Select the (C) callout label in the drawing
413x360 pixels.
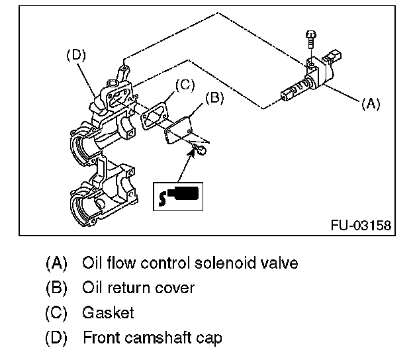pos(185,83)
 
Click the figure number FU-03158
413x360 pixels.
pos(361,226)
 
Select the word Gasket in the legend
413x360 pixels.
pos(108,312)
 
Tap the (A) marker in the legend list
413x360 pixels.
pos(56,263)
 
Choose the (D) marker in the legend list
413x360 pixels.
pos(56,337)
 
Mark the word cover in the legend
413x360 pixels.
pos(177,288)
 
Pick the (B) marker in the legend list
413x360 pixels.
pos(56,288)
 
